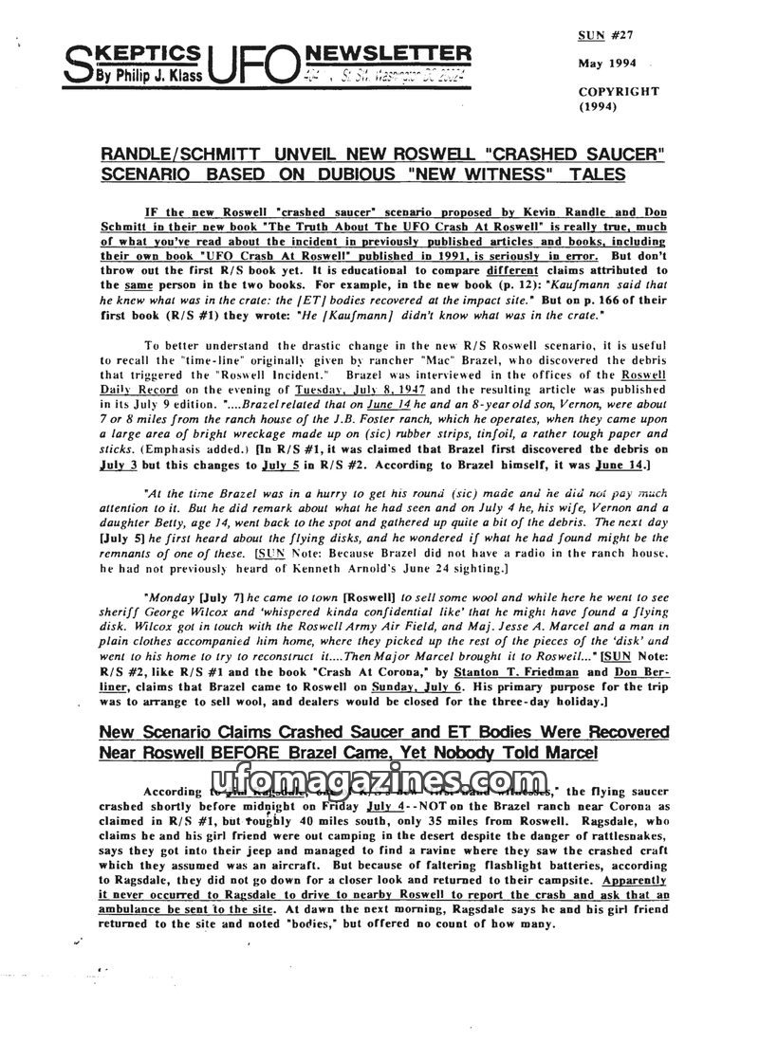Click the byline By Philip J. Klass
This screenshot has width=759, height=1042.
142,76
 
